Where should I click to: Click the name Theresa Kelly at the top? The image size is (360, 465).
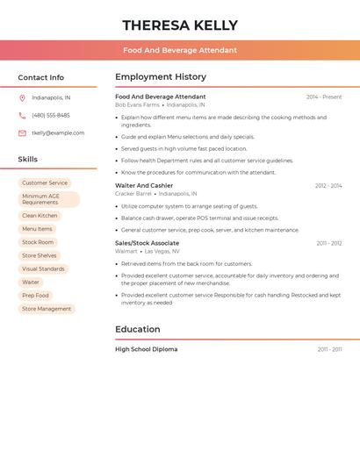click(x=180, y=25)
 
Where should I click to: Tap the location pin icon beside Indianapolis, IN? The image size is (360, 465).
click(x=22, y=97)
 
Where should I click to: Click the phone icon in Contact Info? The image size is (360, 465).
click(x=22, y=115)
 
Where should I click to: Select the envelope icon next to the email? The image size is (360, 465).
click(x=22, y=133)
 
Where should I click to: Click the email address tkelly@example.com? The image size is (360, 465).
click(x=58, y=133)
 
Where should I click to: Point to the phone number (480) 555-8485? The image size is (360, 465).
click(x=51, y=115)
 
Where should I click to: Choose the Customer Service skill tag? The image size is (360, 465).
click(x=45, y=183)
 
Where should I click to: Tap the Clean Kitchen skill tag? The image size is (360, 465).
click(x=40, y=215)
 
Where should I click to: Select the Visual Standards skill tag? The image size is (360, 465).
click(x=43, y=268)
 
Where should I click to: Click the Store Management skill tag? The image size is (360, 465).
click(x=47, y=309)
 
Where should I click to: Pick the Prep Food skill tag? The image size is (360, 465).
click(x=35, y=296)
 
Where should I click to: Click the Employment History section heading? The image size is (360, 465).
click(x=161, y=77)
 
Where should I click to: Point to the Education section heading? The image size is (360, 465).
click(x=138, y=330)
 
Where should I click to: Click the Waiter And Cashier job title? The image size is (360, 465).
click(x=144, y=186)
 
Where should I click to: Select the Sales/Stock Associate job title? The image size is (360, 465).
click(x=147, y=243)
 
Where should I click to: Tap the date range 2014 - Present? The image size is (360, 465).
click(x=324, y=97)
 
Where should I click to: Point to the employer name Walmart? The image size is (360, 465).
click(x=126, y=251)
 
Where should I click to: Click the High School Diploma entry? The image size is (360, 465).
click(x=146, y=349)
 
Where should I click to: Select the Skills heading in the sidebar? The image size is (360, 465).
click(x=28, y=160)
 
